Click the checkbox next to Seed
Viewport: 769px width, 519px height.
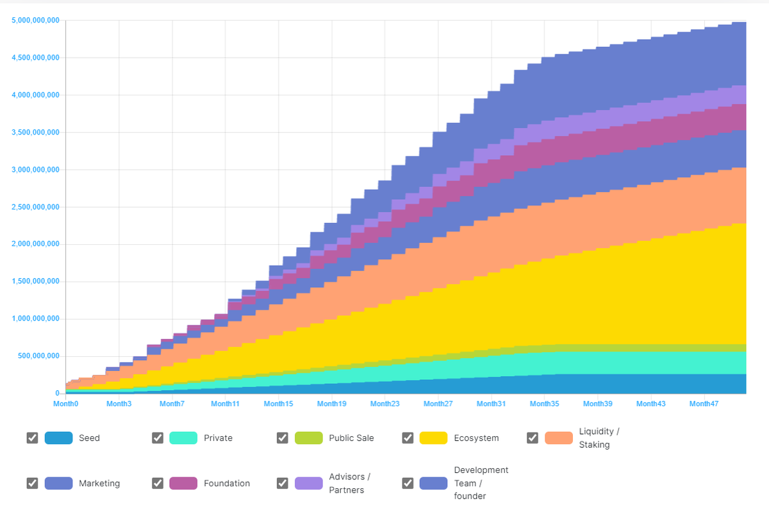coord(32,438)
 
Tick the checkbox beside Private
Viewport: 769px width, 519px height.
coord(158,438)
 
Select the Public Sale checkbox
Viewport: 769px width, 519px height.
coord(283,438)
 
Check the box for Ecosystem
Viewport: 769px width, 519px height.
coord(408,438)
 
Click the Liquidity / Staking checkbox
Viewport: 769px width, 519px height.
coord(533,438)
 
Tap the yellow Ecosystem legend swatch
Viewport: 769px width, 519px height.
coord(433,438)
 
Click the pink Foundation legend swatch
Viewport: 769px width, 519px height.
coord(183,483)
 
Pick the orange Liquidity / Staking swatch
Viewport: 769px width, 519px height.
coord(559,438)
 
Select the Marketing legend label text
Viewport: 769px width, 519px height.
coord(99,483)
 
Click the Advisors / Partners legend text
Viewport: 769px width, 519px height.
coord(349,483)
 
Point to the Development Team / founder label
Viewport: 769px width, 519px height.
coord(481,483)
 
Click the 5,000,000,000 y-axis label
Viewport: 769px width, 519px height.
coord(35,21)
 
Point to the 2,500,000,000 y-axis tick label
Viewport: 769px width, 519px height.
coord(35,207)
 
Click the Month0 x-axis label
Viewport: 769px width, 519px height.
coord(65,404)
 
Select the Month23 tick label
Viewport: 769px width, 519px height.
coord(384,404)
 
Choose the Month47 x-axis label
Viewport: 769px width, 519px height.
coord(703,404)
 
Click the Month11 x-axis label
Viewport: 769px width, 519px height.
coord(225,404)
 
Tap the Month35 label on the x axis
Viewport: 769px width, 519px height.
coord(544,404)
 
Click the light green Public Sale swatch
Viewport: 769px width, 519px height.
coord(308,438)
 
